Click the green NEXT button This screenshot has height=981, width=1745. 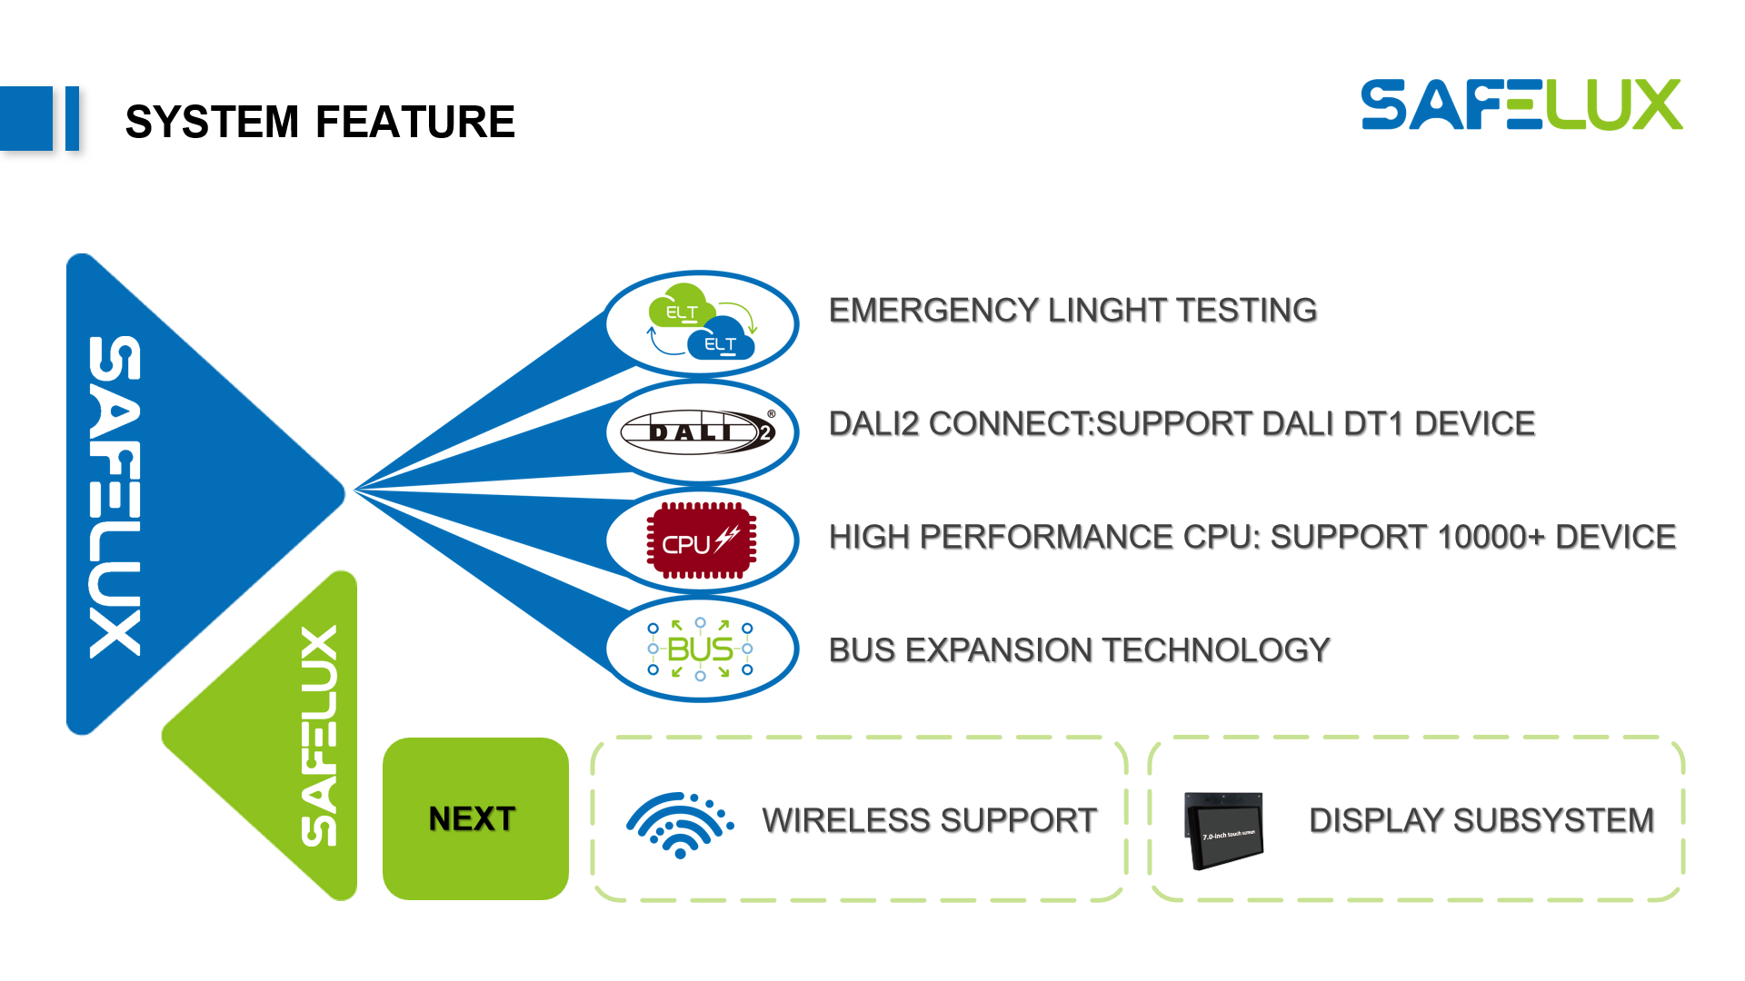475,818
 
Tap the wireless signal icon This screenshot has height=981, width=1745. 680,825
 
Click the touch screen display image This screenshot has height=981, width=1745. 1223,830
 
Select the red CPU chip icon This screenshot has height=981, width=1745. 701,540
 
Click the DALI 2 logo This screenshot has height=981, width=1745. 698,431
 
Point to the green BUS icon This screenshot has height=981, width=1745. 700,649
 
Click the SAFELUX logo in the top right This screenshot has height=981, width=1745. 1521,104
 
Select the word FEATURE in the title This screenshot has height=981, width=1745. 415,122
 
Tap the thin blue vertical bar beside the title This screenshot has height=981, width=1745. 72,118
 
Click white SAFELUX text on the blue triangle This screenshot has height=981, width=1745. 115,496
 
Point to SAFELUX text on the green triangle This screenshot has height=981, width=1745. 319,736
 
